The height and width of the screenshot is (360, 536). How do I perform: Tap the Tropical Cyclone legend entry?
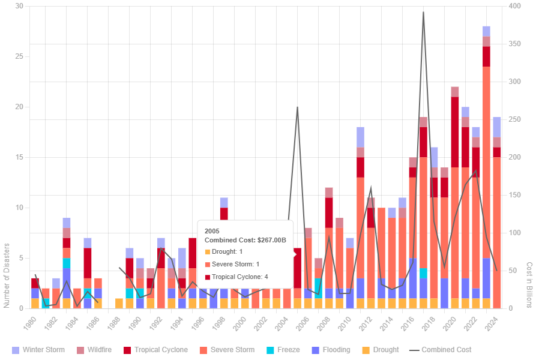(x=156, y=350)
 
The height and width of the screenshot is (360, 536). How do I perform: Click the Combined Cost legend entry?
(x=441, y=350)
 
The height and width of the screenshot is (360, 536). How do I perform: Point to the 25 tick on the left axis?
(x=19, y=56)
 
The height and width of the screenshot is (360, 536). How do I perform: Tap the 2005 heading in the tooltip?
(x=212, y=230)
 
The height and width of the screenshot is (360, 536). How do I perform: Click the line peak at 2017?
(x=423, y=12)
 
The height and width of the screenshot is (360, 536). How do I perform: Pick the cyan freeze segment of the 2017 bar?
(x=423, y=273)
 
